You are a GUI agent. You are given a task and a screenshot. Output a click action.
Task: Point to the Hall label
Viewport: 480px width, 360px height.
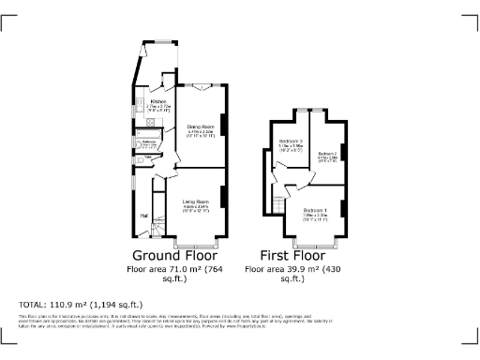144,216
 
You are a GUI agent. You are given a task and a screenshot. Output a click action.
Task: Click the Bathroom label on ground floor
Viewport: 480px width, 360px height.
148,142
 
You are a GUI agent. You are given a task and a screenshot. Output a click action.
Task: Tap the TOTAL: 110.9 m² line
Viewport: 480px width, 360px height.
81,305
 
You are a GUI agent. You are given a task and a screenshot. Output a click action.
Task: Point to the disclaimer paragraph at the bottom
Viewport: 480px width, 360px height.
239,322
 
